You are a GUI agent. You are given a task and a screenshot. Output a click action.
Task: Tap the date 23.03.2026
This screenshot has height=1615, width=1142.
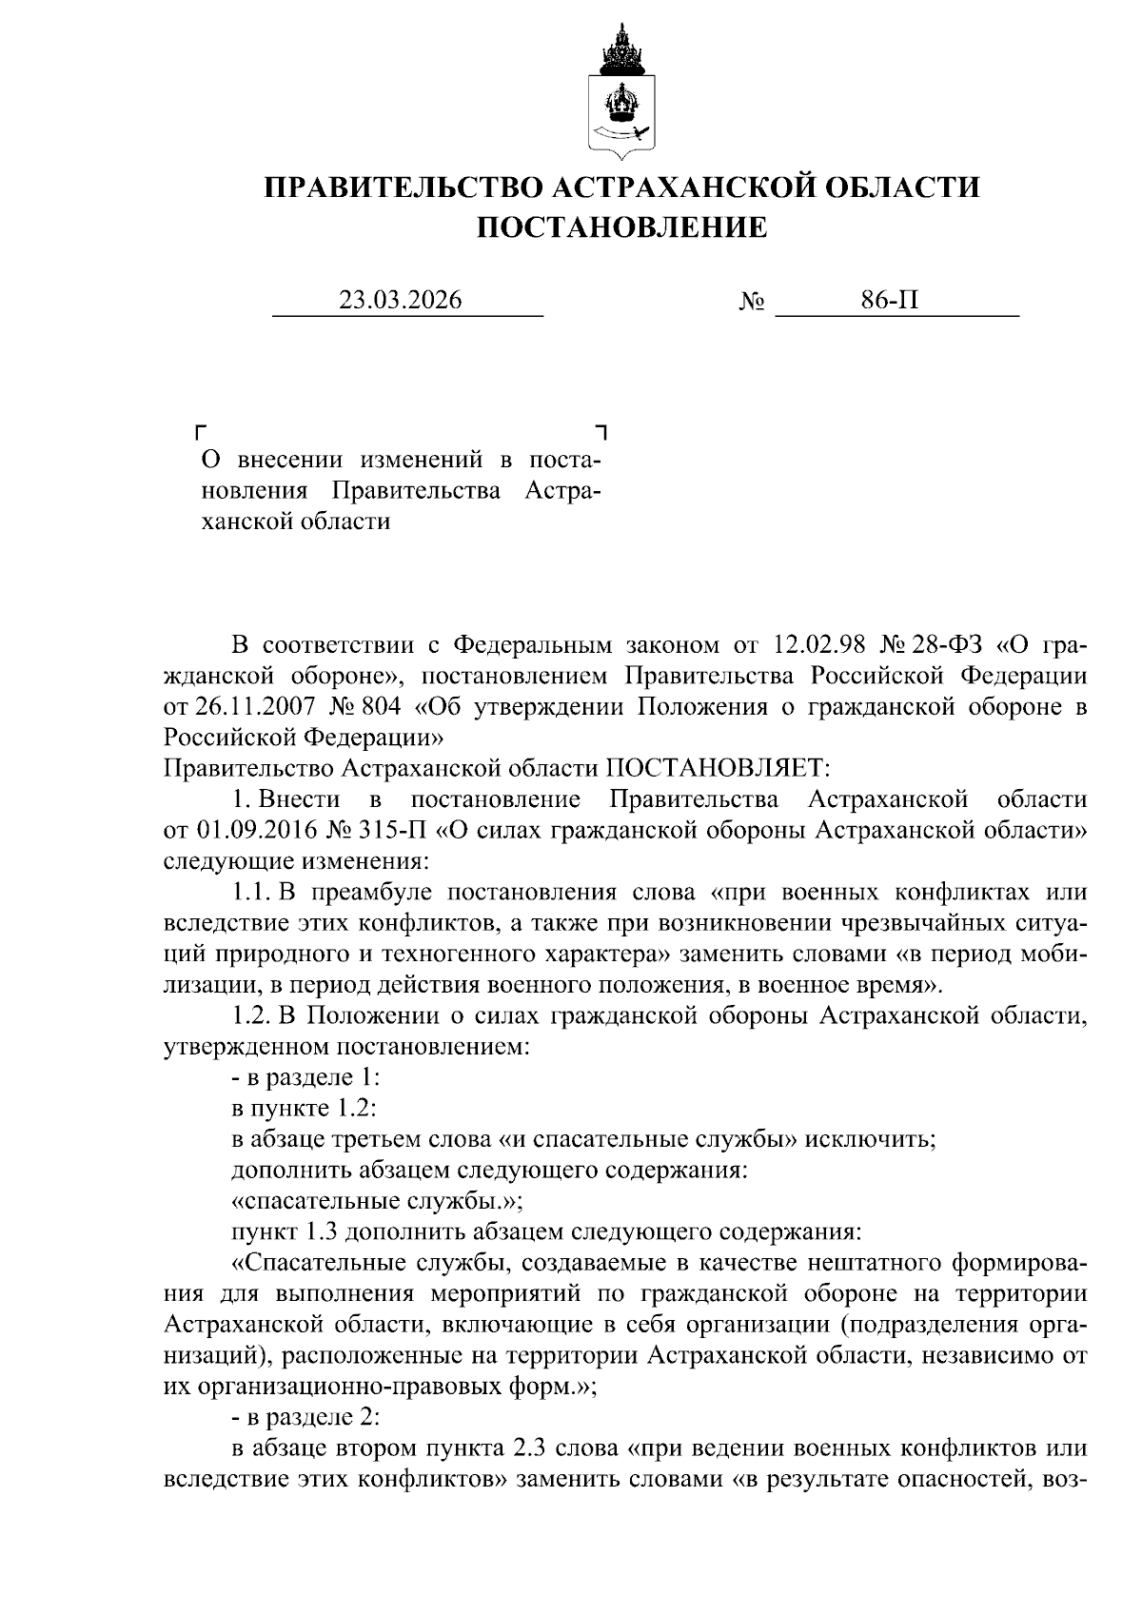401,300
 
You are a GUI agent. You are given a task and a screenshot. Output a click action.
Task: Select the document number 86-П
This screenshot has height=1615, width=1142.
890,300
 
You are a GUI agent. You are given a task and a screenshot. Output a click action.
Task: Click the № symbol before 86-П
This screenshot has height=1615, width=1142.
751,302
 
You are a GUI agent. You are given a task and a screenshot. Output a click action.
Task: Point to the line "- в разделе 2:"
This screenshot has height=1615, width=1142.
305,1418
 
